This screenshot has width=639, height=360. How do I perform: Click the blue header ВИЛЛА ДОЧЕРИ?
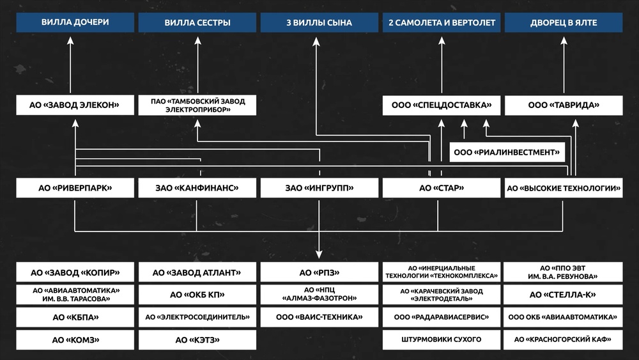tap(75, 22)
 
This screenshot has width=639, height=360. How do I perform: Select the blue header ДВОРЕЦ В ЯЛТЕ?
tap(564, 22)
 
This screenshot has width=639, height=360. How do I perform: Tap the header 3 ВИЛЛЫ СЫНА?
tap(319, 22)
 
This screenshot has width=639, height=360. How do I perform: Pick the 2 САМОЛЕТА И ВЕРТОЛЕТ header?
tap(441, 22)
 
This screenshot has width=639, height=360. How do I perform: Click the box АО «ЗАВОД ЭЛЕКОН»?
tap(75, 105)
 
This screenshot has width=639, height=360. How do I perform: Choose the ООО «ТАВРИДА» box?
tap(564, 105)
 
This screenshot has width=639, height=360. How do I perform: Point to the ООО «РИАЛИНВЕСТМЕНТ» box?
tap(507, 152)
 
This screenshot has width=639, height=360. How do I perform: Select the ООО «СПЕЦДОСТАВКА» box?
tap(441, 105)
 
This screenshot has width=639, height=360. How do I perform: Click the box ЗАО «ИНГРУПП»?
tap(319, 187)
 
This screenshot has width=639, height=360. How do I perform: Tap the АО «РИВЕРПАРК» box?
tap(75, 187)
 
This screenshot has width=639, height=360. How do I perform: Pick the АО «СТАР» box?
tap(441, 187)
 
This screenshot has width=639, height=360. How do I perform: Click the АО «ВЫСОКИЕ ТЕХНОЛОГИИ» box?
tap(564, 187)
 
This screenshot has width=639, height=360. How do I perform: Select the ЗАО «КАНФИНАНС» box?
tap(197, 187)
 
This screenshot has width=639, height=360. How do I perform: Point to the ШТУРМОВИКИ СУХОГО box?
tap(441, 339)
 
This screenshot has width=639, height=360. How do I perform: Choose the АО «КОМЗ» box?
tap(75, 339)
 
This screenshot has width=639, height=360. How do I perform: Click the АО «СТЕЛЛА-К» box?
tap(564, 294)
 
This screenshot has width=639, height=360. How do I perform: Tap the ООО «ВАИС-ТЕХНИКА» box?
tap(319, 317)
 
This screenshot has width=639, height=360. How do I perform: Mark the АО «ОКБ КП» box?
tap(197, 294)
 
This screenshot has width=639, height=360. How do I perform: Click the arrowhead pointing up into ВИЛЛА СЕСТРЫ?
tap(197, 40)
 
